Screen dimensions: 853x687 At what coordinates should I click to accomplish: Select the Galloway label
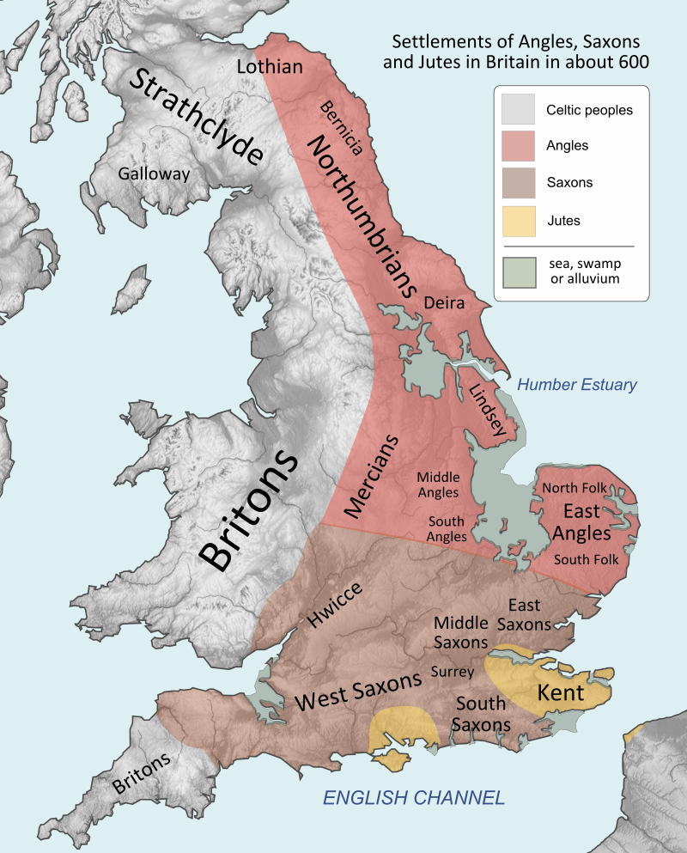tap(154, 174)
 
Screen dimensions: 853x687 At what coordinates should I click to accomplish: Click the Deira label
tap(444, 303)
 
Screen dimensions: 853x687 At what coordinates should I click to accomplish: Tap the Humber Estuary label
tap(577, 385)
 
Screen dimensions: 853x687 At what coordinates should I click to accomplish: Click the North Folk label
tap(575, 488)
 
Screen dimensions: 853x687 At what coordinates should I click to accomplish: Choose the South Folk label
tap(587, 559)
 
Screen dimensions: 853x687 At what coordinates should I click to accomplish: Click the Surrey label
tap(453, 672)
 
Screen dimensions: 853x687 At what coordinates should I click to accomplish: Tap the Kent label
tap(560, 692)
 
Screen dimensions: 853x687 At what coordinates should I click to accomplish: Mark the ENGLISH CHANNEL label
tap(413, 798)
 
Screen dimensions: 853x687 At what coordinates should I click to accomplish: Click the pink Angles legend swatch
tap(518, 146)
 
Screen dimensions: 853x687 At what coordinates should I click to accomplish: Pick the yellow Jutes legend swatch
tap(518, 221)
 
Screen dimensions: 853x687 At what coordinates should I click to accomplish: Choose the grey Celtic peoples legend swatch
tap(518, 109)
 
